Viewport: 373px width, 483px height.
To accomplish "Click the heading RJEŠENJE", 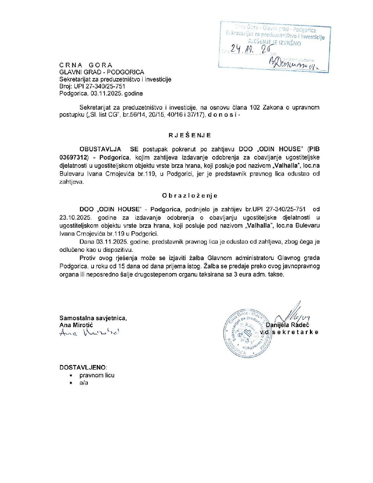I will pyautogui.click(x=190, y=135).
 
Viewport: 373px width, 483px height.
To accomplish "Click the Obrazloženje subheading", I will pyautogui.click(x=190, y=196).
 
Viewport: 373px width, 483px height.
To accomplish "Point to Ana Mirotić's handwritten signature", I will pyautogui.click(x=89, y=332).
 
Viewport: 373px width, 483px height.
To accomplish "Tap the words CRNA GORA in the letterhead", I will pyautogui.click(x=86, y=65).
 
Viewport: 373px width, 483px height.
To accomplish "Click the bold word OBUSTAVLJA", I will pyautogui.click(x=100, y=149).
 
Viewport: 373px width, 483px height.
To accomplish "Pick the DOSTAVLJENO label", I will pyautogui.click(x=83, y=367).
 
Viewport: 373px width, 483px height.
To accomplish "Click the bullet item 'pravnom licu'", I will pyautogui.click(x=97, y=375).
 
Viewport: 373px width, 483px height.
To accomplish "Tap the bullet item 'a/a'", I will pyautogui.click(x=84, y=383).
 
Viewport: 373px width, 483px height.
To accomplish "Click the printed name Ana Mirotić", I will pyautogui.click(x=76, y=325).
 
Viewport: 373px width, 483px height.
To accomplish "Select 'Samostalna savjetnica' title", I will pyautogui.click(x=93, y=318).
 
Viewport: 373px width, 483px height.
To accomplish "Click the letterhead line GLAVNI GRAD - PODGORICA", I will pyautogui.click(x=101, y=72).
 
